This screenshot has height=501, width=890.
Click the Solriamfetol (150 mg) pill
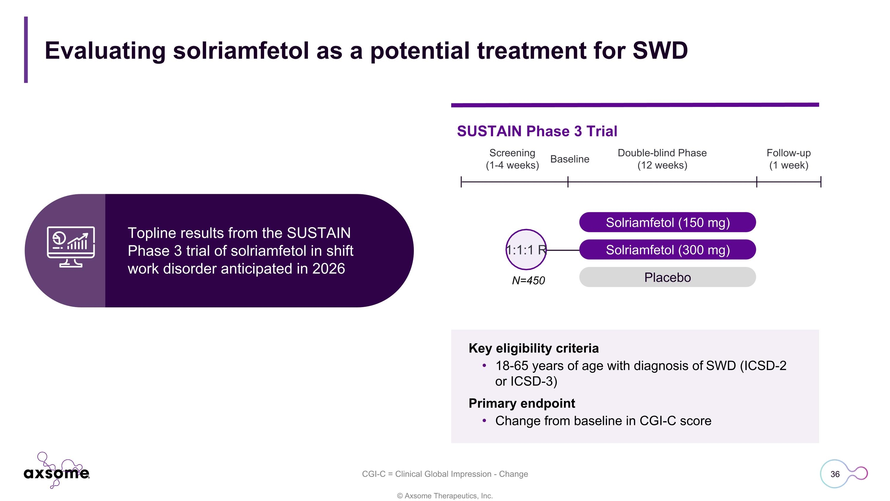(x=667, y=222)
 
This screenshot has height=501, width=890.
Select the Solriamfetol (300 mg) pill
(x=667, y=250)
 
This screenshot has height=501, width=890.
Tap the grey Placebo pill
(x=667, y=277)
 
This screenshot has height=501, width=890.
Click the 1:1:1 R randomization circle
(x=526, y=250)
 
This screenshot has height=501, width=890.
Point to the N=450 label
(x=528, y=280)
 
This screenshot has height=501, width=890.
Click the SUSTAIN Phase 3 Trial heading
(x=537, y=131)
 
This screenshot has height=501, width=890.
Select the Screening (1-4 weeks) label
(x=512, y=159)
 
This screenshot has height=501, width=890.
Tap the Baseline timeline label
(x=569, y=159)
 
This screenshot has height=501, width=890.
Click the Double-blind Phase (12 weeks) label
(x=662, y=159)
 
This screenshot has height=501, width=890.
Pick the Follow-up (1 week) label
(x=789, y=159)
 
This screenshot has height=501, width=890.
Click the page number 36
(x=835, y=474)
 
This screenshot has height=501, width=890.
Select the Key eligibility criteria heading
(x=533, y=348)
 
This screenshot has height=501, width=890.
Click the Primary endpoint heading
(x=522, y=403)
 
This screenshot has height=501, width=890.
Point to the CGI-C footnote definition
(x=445, y=474)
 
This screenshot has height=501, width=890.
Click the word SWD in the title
(x=660, y=51)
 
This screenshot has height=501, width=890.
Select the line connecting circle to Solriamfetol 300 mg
(x=563, y=250)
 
